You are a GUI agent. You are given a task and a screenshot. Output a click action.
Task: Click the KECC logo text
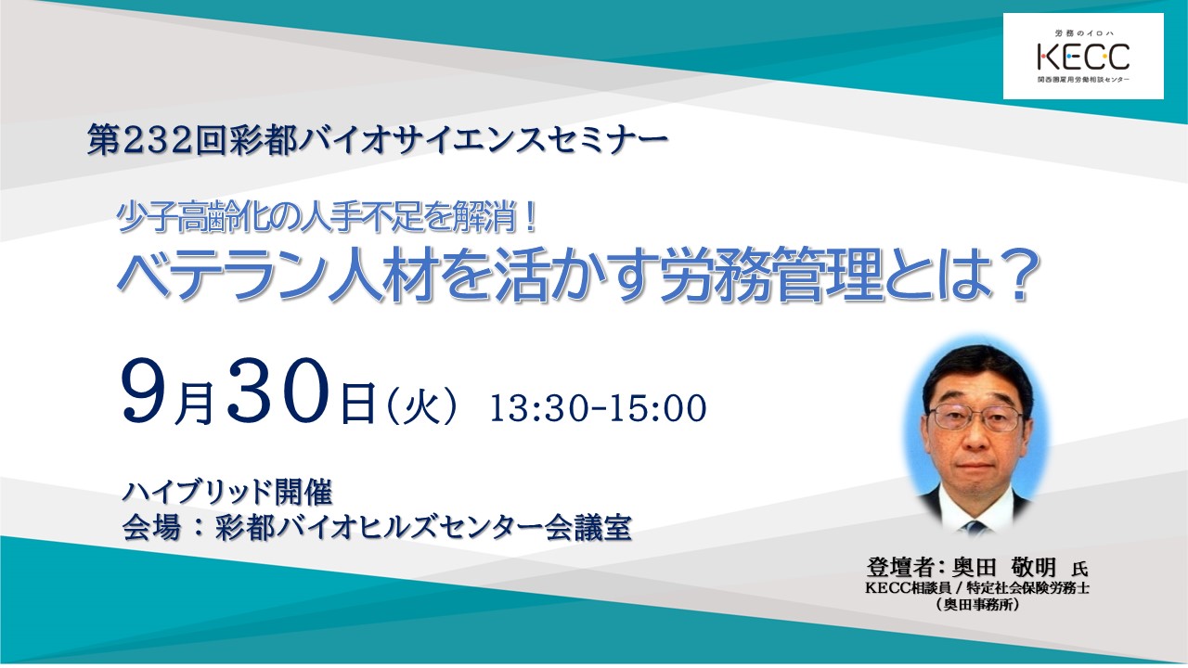(1083, 57)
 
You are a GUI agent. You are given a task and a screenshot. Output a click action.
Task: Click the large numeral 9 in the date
(145, 391)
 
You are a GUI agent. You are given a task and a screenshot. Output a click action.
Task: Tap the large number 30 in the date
(279, 391)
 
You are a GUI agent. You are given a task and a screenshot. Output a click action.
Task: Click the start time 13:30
(538, 408)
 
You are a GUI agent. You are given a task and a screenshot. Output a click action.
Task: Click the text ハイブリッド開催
(227, 492)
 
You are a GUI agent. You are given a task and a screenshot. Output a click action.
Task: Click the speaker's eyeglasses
(975, 417)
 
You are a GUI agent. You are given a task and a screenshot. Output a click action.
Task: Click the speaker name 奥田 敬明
(1004, 567)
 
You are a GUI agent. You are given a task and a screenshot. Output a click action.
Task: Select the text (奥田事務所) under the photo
(977, 604)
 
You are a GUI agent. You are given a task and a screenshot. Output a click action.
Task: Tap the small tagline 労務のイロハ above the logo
(1083, 33)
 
